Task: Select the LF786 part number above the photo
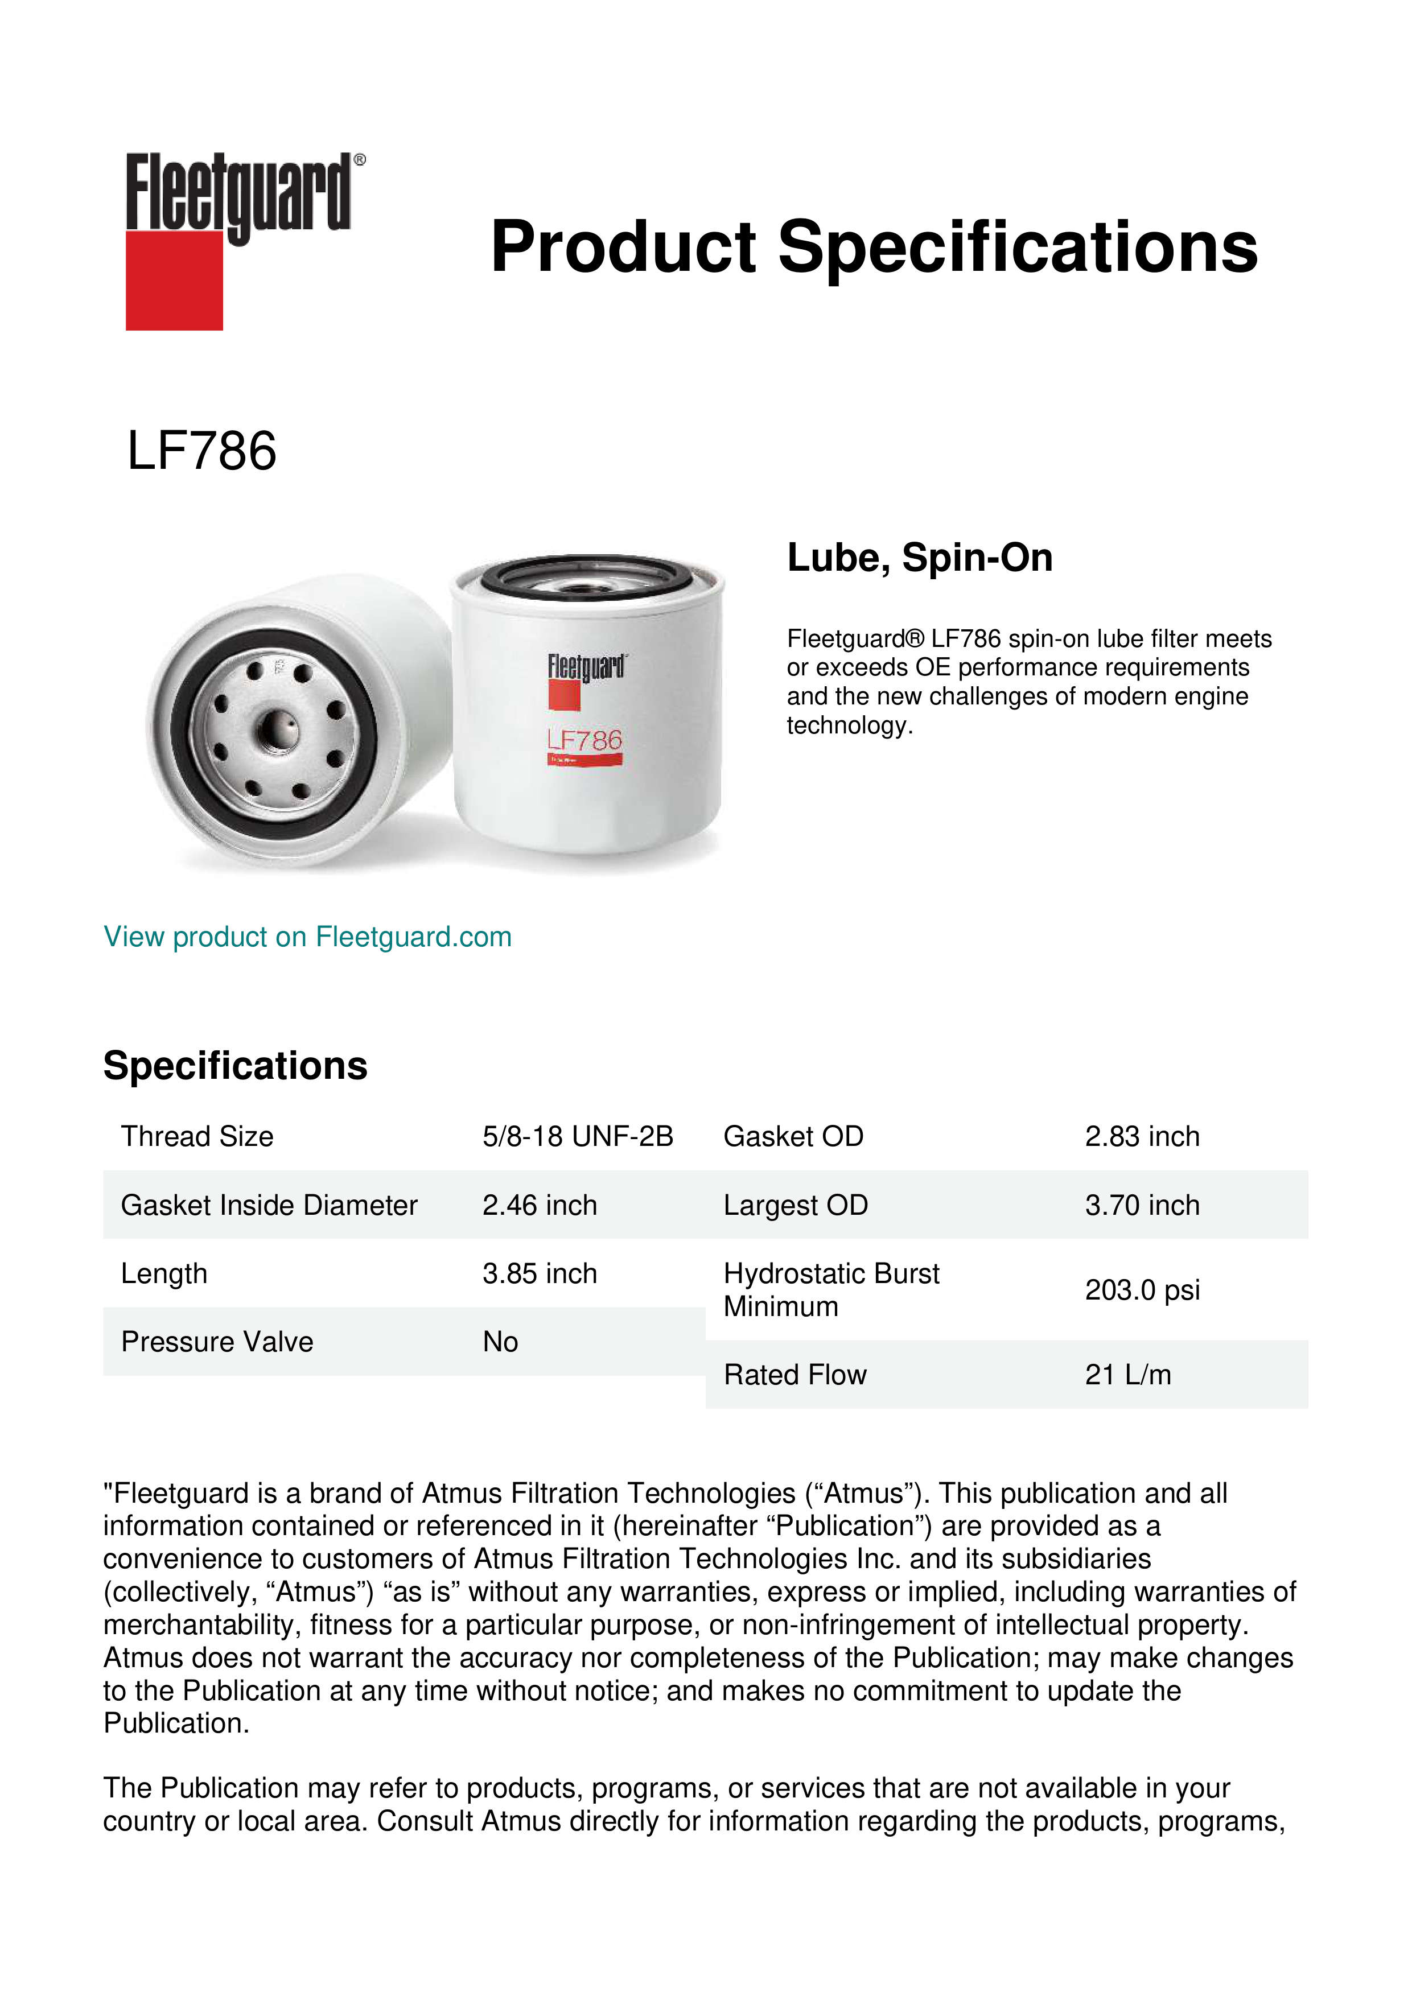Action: point(201,451)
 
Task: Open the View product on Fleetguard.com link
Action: point(307,937)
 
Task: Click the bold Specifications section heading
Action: point(234,1065)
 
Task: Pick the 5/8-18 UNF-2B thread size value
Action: point(577,1136)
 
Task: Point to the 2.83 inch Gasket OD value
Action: point(1142,1136)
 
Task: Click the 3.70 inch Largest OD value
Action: point(1142,1205)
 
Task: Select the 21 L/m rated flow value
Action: point(1127,1375)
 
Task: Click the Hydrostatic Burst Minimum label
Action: point(830,1290)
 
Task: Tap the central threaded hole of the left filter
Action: point(278,728)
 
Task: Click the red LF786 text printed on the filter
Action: point(584,741)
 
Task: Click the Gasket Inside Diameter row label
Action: point(269,1205)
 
